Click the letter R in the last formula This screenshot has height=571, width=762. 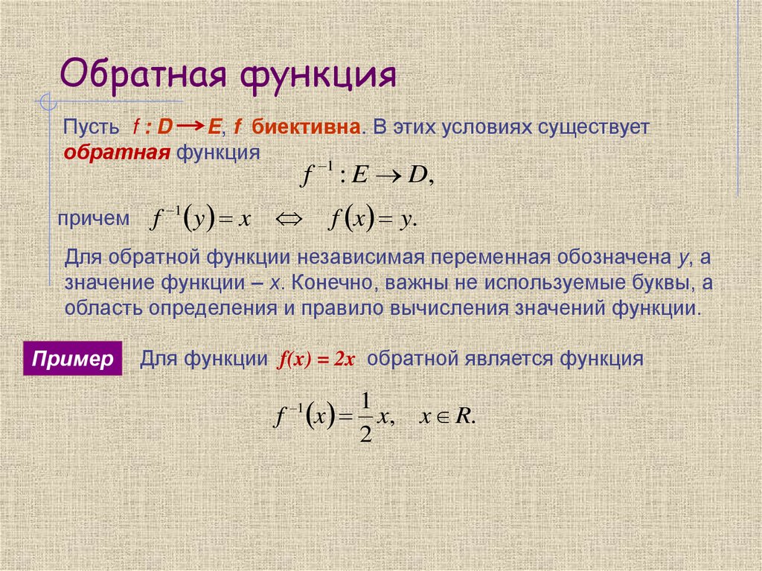[464, 416]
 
